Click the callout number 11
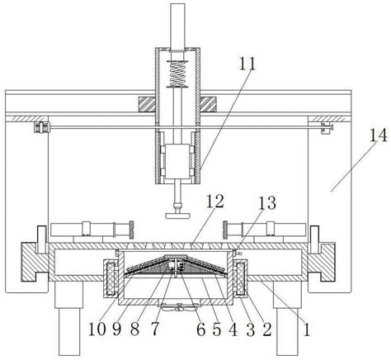click(x=247, y=64)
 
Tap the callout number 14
click(x=378, y=135)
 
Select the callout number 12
click(x=215, y=201)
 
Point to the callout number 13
click(x=266, y=203)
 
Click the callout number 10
click(x=97, y=329)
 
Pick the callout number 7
click(x=155, y=329)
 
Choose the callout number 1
click(x=306, y=329)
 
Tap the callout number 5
click(x=217, y=329)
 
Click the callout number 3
click(x=250, y=329)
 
